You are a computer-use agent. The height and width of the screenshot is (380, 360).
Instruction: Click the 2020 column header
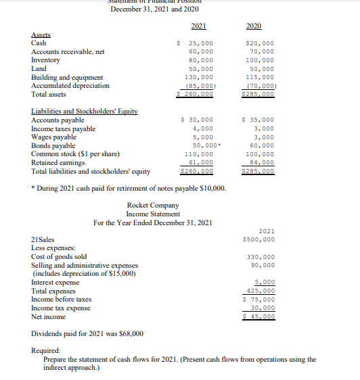[x=254, y=26]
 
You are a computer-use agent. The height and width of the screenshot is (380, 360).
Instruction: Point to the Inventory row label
[x=45, y=60]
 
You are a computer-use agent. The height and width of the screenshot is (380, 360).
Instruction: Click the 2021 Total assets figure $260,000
[x=195, y=94]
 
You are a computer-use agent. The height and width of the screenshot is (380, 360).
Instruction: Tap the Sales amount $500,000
[x=258, y=239]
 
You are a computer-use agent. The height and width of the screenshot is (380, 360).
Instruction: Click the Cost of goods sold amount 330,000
[x=261, y=256]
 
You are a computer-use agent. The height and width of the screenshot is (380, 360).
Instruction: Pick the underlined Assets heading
[x=42, y=35]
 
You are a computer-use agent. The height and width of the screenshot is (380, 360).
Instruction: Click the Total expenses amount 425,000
[x=261, y=291]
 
